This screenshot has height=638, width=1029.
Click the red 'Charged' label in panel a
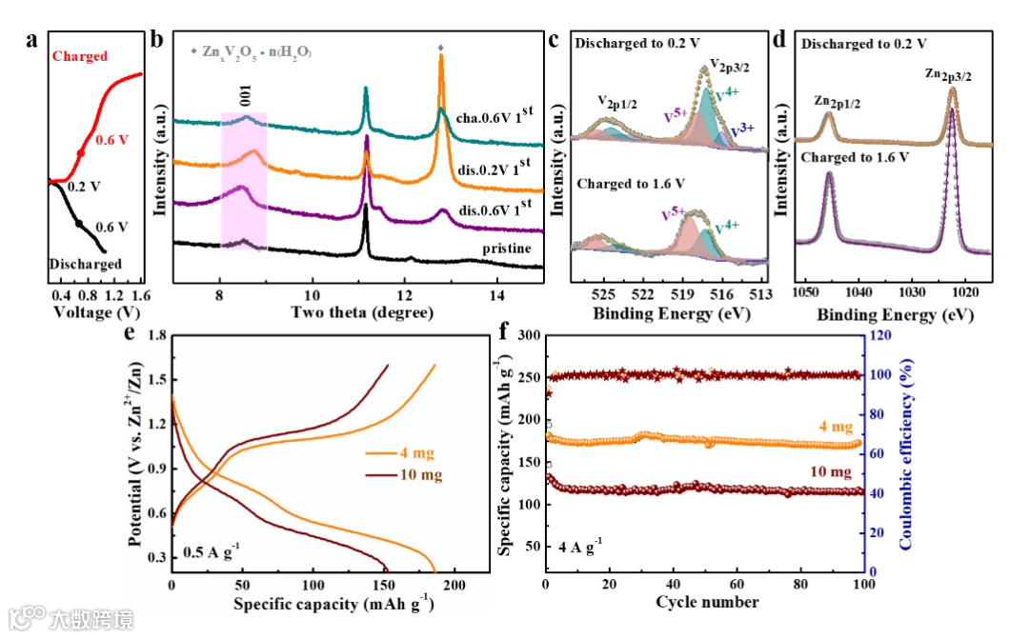pos(80,56)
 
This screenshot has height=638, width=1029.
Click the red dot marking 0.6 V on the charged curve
pos(80,152)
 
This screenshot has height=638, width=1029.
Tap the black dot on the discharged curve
pos(78,224)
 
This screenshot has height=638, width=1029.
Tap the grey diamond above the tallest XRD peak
pos(440,47)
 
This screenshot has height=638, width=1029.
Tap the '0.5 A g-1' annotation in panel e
pos(212,551)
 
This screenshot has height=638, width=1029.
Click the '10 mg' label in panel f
pos(832,471)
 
